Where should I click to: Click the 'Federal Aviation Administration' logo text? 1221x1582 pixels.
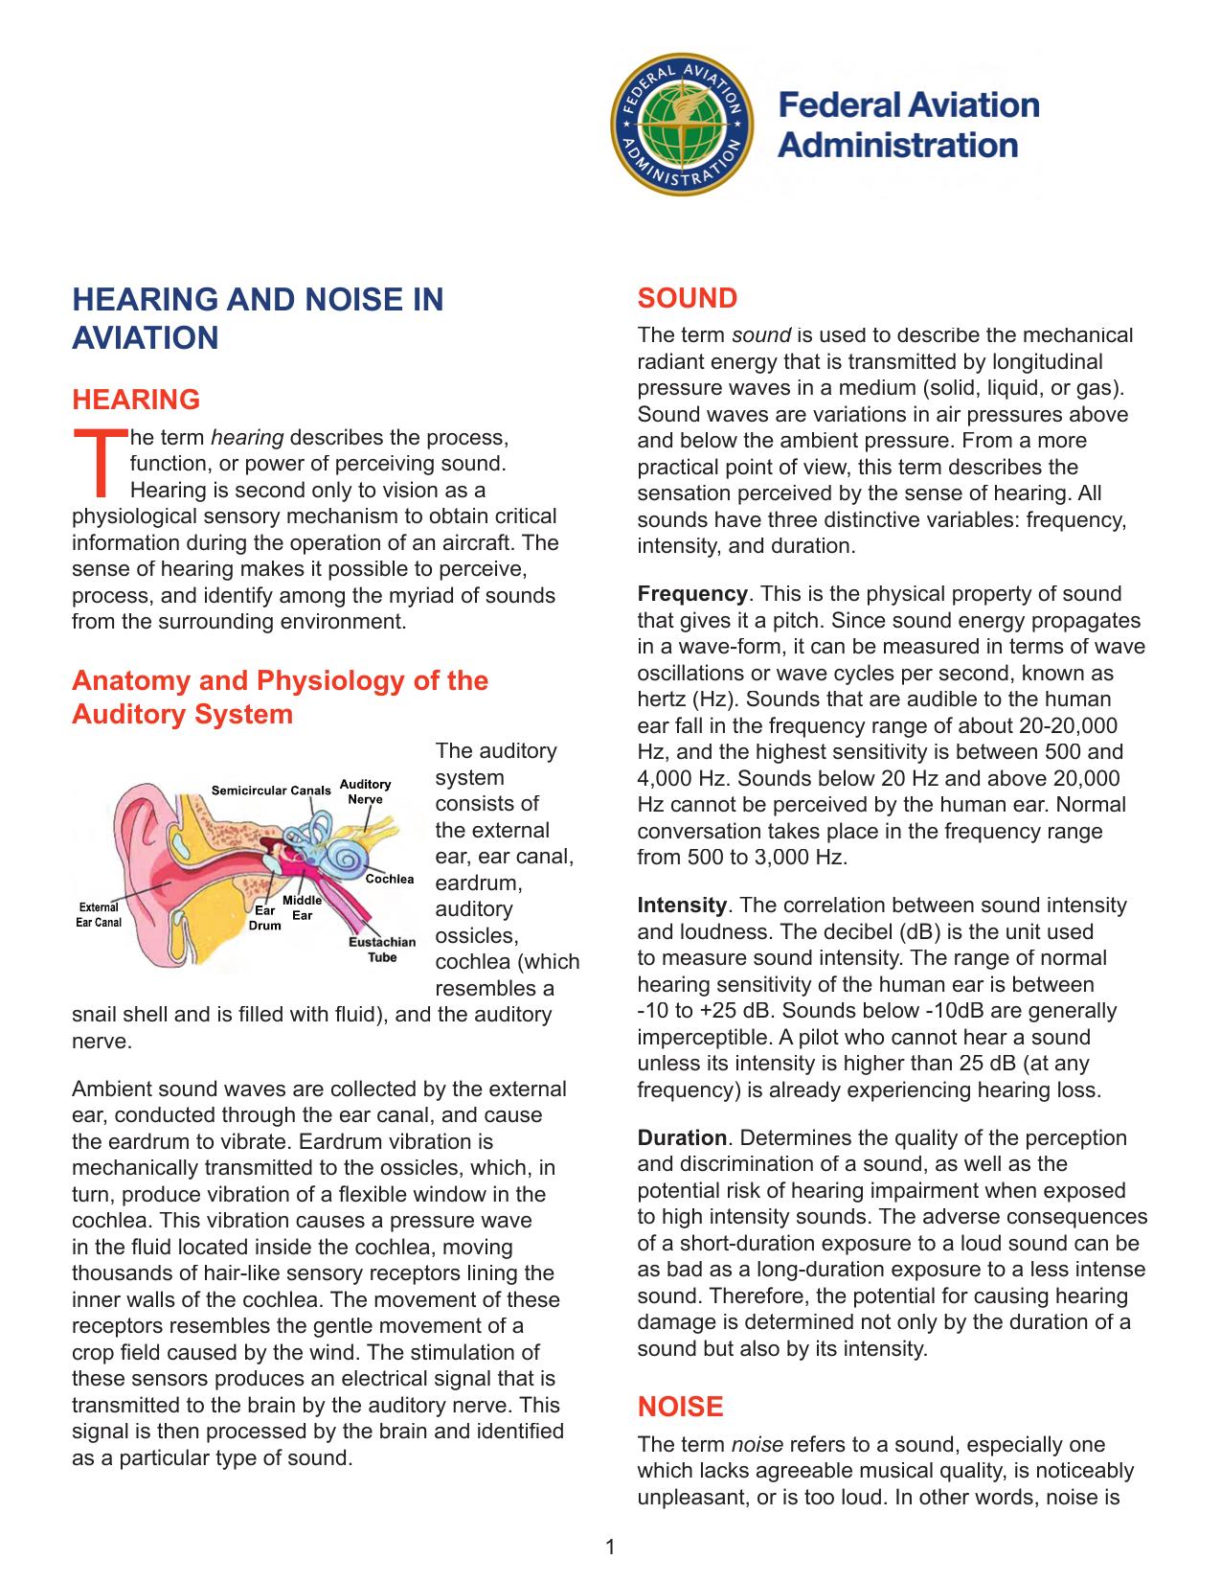point(907,126)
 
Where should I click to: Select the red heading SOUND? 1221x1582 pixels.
point(687,299)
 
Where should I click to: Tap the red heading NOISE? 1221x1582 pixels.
point(680,1407)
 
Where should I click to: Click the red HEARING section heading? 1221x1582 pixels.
point(136,400)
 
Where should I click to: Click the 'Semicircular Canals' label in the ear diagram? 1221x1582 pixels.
point(271,791)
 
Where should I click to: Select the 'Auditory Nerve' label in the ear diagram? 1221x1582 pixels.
point(365,791)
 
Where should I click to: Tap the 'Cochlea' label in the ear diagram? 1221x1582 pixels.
point(389,879)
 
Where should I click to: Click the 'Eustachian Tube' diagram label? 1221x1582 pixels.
point(382,949)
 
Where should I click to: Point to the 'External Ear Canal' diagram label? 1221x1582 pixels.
point(99,915)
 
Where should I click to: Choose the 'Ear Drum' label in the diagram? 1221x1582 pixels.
point(265,918)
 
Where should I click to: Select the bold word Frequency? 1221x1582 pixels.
point(692,594)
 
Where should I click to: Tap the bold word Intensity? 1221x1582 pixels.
point(682,906)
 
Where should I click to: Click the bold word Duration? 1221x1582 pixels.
point(682,1138)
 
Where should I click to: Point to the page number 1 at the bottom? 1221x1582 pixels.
point(610,1547)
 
